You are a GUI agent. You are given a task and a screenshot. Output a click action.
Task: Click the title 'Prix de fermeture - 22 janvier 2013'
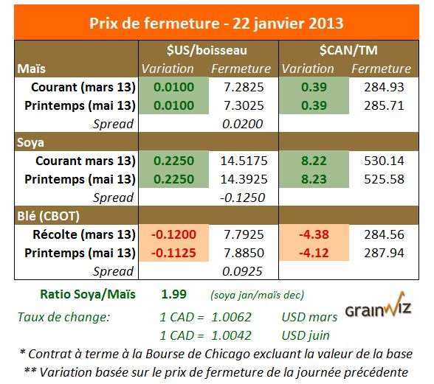[217, 22]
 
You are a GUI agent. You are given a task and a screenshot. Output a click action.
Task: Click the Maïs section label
[33, 69]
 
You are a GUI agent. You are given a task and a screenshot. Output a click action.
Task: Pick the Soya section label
[33, 142]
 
